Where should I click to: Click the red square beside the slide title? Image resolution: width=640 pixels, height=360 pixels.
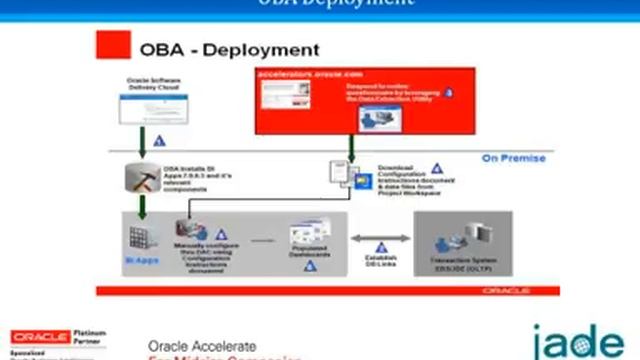pos(113,47)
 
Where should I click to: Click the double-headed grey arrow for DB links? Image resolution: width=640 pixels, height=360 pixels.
pos(380,238)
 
